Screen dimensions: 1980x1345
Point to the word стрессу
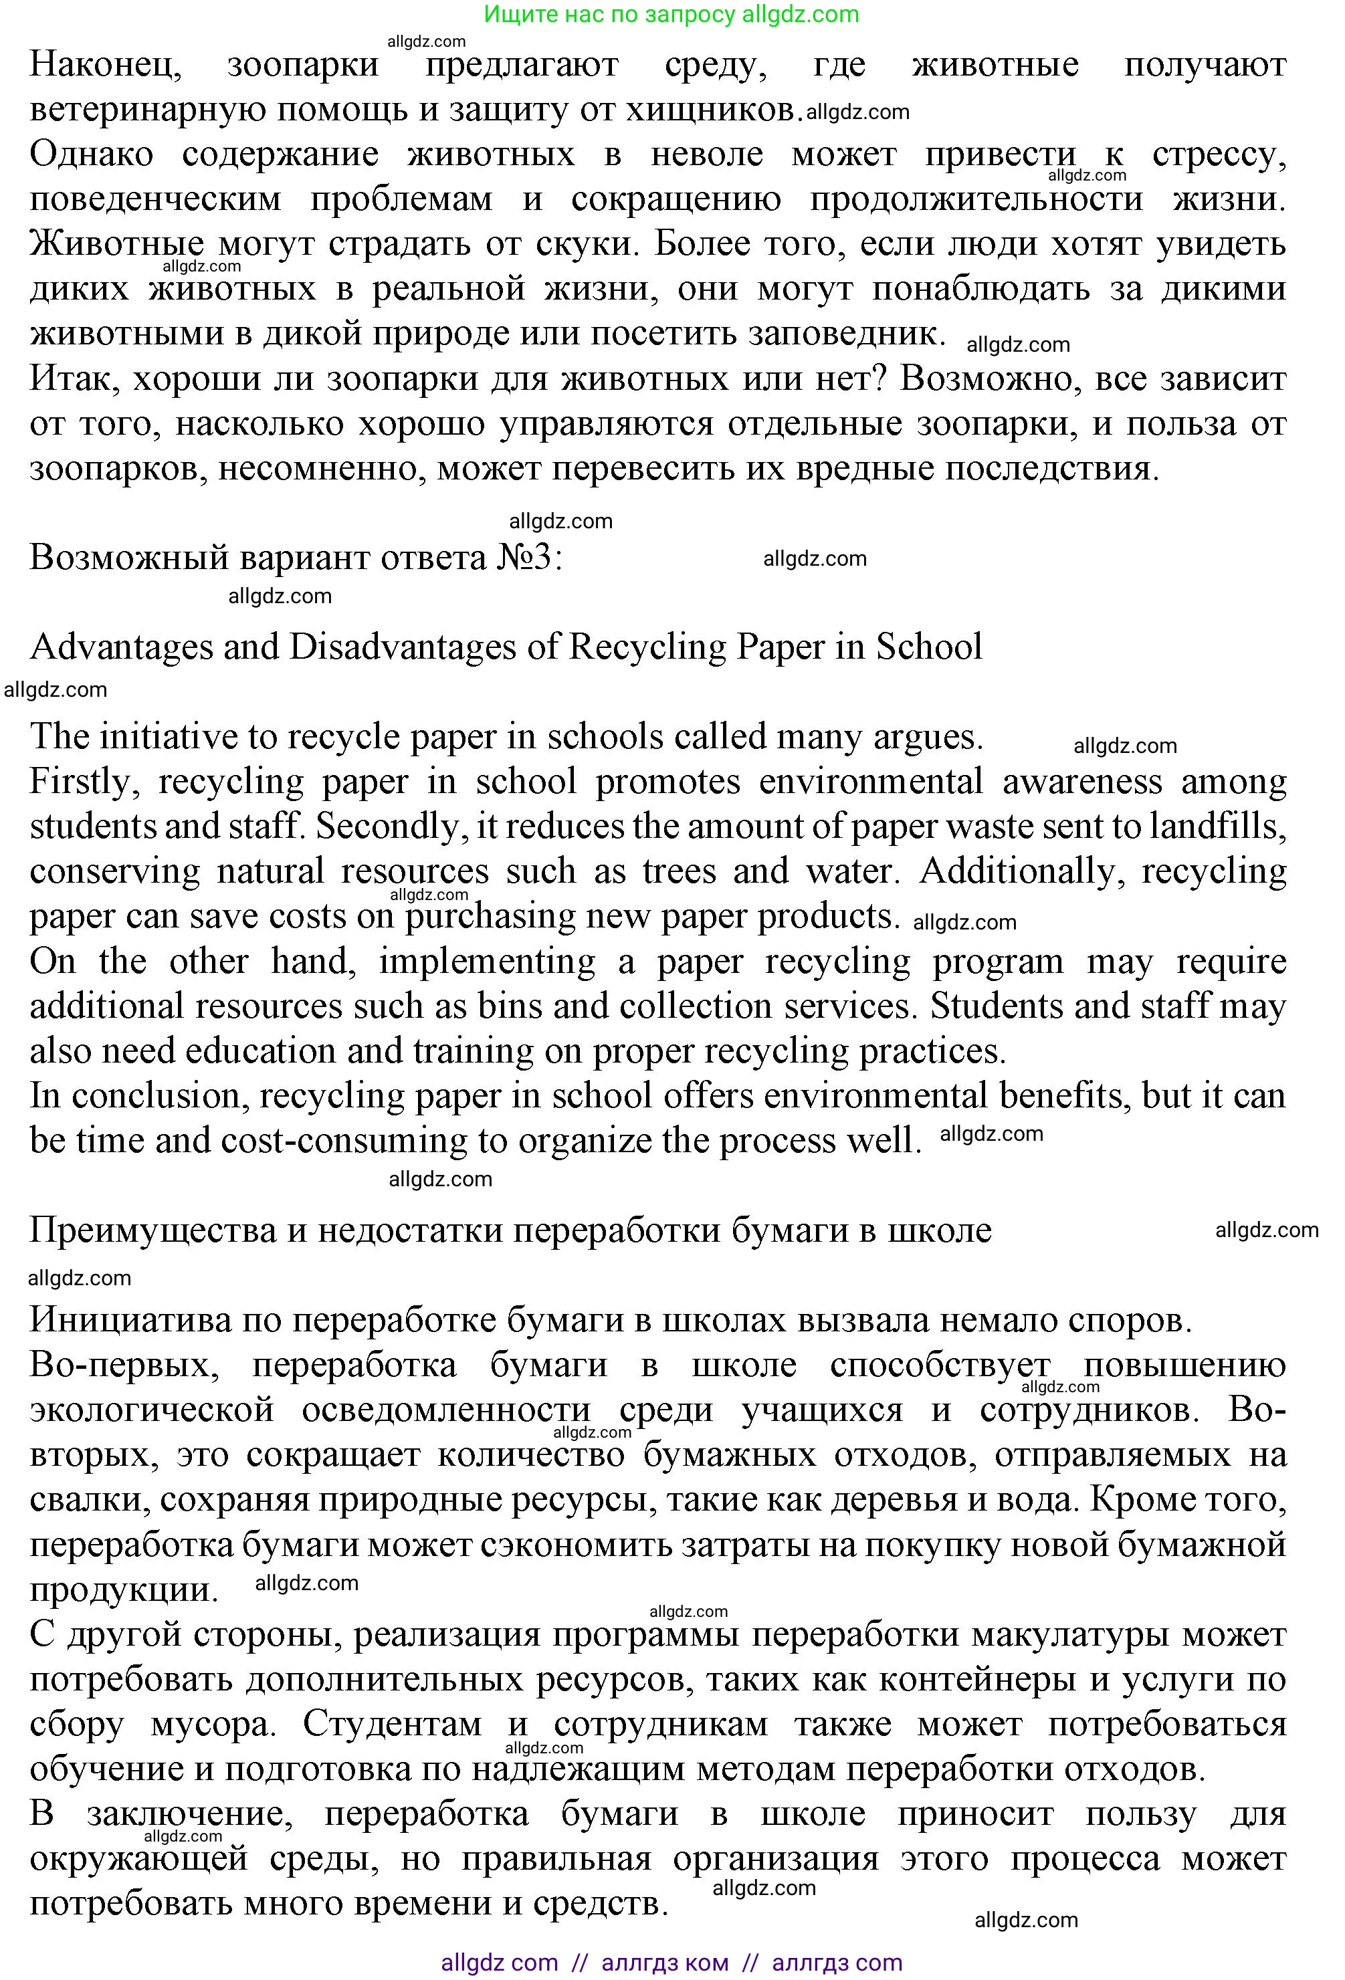click(x=1218, y=155)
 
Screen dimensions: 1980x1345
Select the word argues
click(x=928, y=737)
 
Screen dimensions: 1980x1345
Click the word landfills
click(x=1218, y=827)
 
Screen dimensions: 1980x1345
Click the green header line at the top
click(x=671, y=15)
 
